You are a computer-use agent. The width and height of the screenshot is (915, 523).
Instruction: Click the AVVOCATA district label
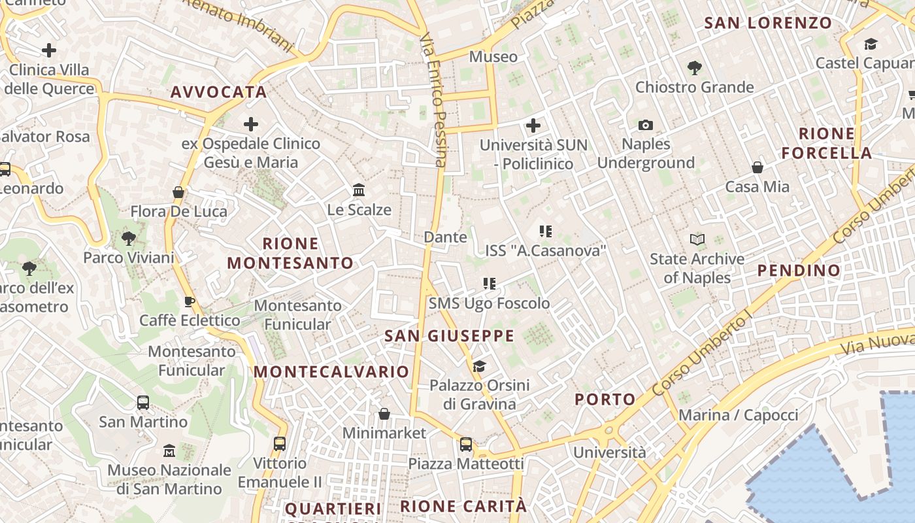[x=218, y=92]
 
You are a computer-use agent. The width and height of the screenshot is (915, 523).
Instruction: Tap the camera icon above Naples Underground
[x=646, y=125]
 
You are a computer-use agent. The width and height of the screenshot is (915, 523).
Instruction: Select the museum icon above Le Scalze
[x=359, y=190]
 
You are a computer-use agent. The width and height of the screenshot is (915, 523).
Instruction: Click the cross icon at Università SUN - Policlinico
[x=533, y=125]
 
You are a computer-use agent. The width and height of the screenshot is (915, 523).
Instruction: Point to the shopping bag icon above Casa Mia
[x=757, y=167]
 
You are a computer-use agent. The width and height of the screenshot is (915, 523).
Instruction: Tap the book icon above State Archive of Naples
[x=697, y=240]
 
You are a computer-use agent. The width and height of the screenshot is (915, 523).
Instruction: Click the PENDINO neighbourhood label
[x=799, y=270]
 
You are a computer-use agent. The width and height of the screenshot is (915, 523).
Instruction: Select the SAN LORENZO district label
[x=768, y=23]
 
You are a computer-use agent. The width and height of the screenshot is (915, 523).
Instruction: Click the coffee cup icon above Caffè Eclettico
[x=189, y=301]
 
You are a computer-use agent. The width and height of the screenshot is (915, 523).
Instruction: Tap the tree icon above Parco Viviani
[x=129, y=238]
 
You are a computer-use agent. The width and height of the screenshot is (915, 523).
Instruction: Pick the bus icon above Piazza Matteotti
[x=466, y=445]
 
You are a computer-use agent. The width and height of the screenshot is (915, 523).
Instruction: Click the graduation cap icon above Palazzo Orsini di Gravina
[x=480, y=366]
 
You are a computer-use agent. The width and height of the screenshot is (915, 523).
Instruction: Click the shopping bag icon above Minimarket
[x=384, y=414]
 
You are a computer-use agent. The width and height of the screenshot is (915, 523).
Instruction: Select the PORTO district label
[x=605, y=399]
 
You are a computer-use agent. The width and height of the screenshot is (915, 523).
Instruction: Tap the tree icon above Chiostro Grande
[x=694, y=67]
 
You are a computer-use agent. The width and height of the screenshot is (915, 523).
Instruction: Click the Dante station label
[x=445, y=237]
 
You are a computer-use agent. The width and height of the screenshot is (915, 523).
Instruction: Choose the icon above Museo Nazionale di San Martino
[x=169, y=451]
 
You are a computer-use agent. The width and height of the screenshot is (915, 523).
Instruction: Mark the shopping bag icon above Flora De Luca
[x=178, y=192]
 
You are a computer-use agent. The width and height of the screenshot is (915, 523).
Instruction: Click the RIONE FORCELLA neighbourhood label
[x=827, y=143]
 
